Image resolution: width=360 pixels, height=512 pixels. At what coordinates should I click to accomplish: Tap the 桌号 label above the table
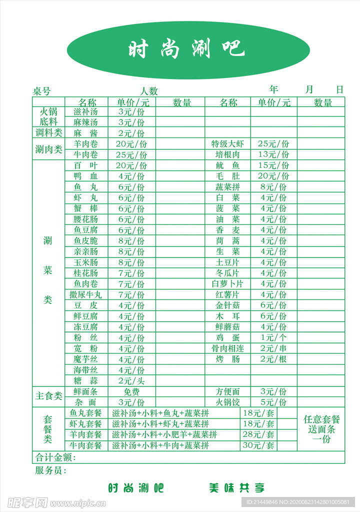click(42, 91)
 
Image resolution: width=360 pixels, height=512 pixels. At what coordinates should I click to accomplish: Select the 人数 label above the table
click(148, 91)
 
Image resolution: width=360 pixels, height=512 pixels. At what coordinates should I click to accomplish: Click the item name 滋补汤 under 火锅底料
click(85, 111)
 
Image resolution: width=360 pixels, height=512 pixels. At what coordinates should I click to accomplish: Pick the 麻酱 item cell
click(85, 133)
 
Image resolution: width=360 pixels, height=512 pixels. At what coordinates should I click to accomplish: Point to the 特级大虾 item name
click(228, 144)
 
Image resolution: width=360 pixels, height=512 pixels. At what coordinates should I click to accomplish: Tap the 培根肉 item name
click(228, 155)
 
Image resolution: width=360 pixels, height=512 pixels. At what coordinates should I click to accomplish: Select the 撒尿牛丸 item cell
click(85, 294)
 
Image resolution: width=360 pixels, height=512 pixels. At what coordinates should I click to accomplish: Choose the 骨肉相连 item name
click(228, 348)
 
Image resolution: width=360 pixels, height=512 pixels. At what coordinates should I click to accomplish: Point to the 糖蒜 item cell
click(85, 381)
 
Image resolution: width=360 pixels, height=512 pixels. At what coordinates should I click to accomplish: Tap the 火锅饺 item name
click(228, 402)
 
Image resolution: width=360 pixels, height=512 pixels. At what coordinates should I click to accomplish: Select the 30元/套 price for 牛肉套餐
click(258, 445)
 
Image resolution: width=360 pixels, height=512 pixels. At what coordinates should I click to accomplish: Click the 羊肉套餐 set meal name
click(85, 434)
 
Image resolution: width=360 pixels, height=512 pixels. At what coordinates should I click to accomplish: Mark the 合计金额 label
click(55, 457)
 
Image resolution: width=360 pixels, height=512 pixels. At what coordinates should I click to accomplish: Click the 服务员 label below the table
click(50, 470)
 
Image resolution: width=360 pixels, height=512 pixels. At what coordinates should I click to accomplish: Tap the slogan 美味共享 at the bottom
click(236, 488)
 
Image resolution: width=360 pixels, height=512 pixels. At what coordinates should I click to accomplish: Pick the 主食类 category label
click(48, 396)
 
